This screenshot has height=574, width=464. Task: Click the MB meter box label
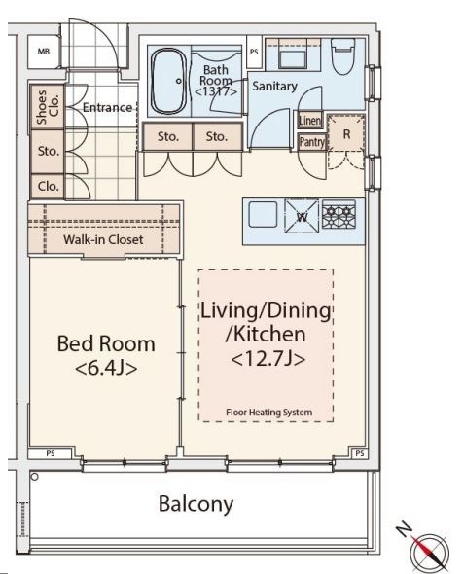pos(44,52)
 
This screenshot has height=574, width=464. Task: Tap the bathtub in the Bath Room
pos(169,82)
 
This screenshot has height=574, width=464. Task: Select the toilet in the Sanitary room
pos(343,56)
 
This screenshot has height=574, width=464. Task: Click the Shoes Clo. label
pos(48,106)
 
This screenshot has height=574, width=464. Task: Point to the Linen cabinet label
pos(310,120)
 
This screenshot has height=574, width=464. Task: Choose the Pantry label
pos(312,142)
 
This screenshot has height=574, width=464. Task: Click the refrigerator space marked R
pos(346,133)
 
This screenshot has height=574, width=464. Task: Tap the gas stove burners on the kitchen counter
pos(339,213)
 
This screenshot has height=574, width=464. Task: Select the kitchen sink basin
pos(263,214)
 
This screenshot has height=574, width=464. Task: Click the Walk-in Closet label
pos(103,239)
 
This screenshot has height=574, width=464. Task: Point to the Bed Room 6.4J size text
pos(106,369)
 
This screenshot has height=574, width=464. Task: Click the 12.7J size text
pos(268,359)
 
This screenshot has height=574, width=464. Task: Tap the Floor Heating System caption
pos(268,413)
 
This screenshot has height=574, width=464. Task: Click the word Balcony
pos(196,504)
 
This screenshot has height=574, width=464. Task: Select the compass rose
pos(429,552)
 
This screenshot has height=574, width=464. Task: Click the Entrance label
pos(107,108)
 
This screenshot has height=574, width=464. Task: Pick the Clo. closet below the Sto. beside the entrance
pos(48,187)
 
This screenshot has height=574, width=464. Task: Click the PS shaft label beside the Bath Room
pos(254,52)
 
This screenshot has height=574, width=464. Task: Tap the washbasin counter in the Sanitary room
pos(293,54)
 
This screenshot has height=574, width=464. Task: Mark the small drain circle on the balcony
pos(35,477)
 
